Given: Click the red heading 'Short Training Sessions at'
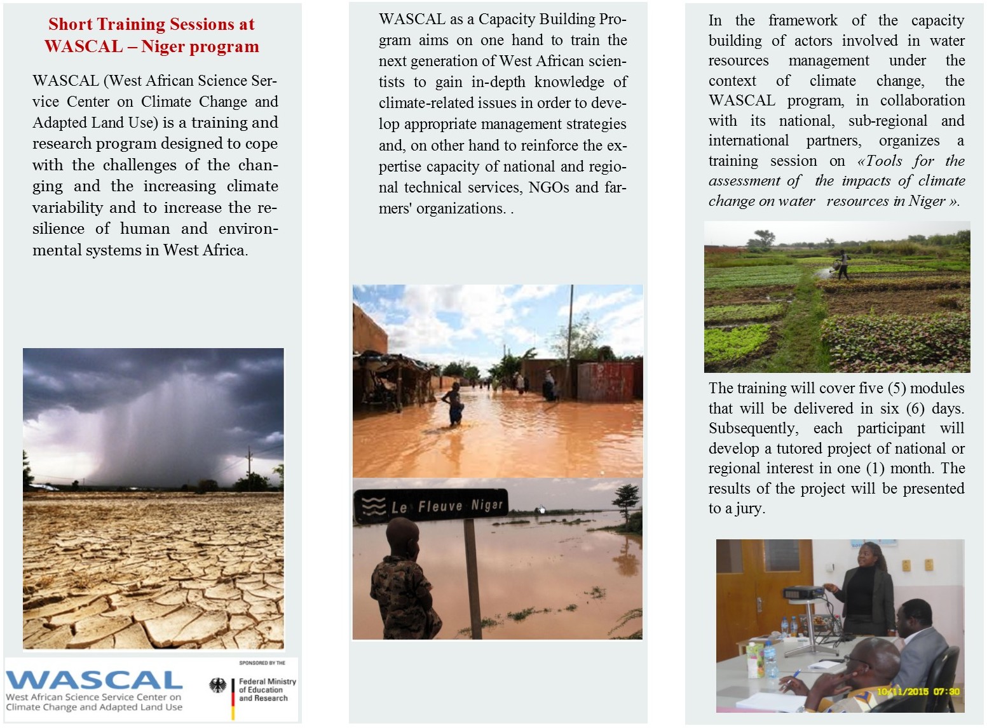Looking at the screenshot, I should tap(151, 24).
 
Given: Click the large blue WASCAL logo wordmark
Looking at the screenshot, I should tap(94, 680).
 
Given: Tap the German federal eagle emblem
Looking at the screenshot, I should tap(218, 685).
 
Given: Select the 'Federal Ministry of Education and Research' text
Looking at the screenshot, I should tap(267, 690).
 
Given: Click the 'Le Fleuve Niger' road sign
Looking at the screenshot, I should tap(430, 507).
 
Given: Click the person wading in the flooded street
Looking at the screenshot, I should tap(454, 404).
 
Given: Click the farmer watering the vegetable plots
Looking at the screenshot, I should tap(843, 264).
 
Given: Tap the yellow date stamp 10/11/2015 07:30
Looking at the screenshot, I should tap(918, 691).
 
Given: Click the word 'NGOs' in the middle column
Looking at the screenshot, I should tap(548, 187).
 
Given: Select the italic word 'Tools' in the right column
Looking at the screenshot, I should tap(884, 161).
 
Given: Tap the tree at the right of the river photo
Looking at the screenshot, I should tap(626, 499).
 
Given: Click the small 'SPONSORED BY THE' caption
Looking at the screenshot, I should tap(262, 663).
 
